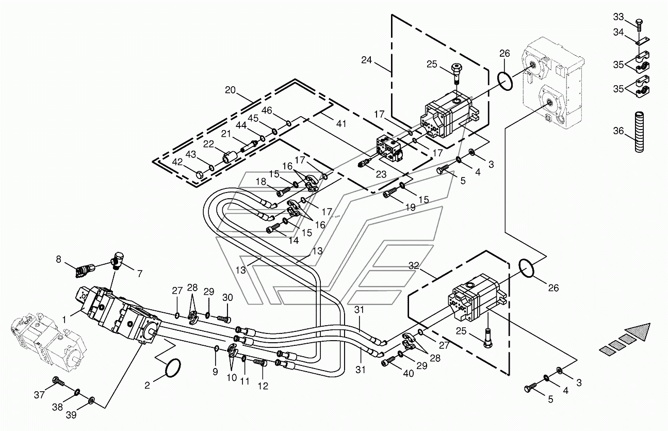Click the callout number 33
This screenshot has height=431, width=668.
click(x=618, y=17)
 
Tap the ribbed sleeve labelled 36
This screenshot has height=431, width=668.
click(x=639, y=132)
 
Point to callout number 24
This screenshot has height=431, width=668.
click(x=367, y=60)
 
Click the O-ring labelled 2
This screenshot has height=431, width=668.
click(x=172, y=368)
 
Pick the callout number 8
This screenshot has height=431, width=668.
click(x=58, y=259)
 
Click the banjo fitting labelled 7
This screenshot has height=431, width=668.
click(x=119, y=260)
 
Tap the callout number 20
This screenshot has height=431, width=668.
click(x=230, y=90)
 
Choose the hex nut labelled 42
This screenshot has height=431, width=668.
click(x=200, y=174)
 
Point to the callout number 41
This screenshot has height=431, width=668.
click(x=341, y=123)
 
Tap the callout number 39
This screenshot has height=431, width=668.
click(x=71, y=415)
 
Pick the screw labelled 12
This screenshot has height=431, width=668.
click(x=260, y=362)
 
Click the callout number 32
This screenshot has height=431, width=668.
click(x=414, y=265)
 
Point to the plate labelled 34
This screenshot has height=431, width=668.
click(x=643, y=41)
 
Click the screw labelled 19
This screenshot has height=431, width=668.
click(x=390, y=192)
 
